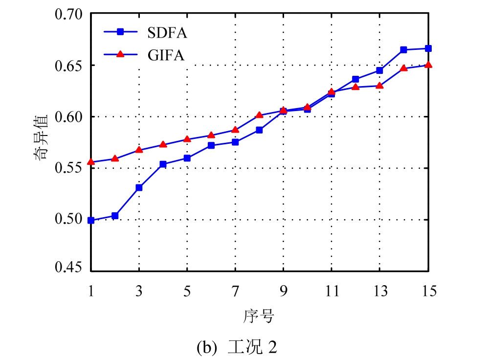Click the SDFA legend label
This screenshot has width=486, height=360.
(167, 33)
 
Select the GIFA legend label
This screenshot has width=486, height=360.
(166, 55)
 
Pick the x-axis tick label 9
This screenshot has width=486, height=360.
(284, 292)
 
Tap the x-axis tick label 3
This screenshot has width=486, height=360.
(139, 292)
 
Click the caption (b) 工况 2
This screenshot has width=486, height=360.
(237, 347)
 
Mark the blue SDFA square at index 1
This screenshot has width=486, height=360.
(91, 221)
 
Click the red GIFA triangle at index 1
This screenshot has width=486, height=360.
(91, 162)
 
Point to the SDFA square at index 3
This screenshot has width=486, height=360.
(139, 187)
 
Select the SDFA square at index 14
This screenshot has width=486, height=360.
(403, 50)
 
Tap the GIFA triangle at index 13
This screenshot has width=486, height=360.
(379, 86)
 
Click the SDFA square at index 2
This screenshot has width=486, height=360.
(115, 216)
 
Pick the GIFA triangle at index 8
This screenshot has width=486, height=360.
(259, 115)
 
